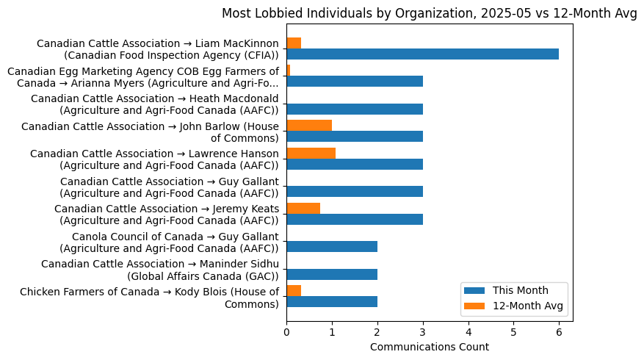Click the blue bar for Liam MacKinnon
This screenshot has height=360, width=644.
[x=422, y=54]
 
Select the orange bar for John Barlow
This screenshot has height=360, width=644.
[x=309, y=125]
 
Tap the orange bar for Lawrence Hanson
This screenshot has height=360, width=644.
[x=311, y=153]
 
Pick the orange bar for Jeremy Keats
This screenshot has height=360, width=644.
[x=303, y=208]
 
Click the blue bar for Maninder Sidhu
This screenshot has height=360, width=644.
[x=332, y=274]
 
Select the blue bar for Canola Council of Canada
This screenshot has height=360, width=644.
[x=332, y=246]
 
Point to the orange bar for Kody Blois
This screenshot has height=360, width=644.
[x=294, y=290]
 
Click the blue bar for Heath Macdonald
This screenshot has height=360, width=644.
[x=355, y=109]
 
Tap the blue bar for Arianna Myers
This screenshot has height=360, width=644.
[x=355, y=81]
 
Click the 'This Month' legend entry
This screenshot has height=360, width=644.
[x=515, y=289]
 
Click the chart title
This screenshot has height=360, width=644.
[x=430, y=13]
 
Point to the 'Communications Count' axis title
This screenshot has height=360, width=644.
[x=430, y=347]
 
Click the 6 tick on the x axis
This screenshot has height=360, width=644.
[x=559, y=332]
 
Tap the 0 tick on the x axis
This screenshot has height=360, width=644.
[x=286, y=332]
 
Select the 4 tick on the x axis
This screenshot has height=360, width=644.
[x=468, y=332]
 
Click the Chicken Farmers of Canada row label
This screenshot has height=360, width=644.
[x=150, y=298]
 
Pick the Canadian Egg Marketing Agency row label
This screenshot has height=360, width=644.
[x=143, y=76]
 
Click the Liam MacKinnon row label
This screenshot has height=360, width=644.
[x=157, y=49]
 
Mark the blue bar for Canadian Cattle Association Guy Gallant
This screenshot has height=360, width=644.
[x=355, y=191]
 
